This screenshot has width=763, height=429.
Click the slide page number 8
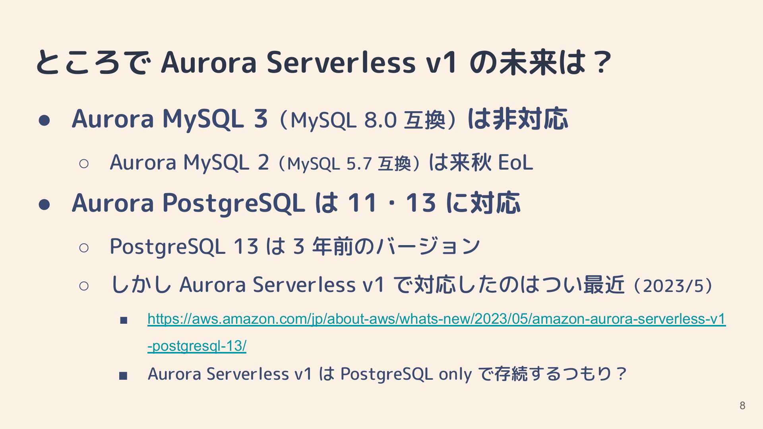pyautogui.click(x=742, y=406)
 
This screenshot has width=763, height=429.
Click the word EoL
pyautogui.click(x=515, y=162)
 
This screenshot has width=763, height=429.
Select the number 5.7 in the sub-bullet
pyautogui.click(x=359, y=163)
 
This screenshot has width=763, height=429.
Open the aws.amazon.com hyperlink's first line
pyautogui.click(x=436, y=319)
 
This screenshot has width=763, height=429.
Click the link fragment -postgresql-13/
pyautogui.click(x=197, y=346)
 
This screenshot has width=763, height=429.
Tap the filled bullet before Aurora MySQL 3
pyautogui.click(x=44, y=120)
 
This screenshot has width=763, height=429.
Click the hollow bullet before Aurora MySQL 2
pyautogui.click(x=84, y=164)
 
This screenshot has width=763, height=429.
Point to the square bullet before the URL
pyautogui.click(x=123, y=320)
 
